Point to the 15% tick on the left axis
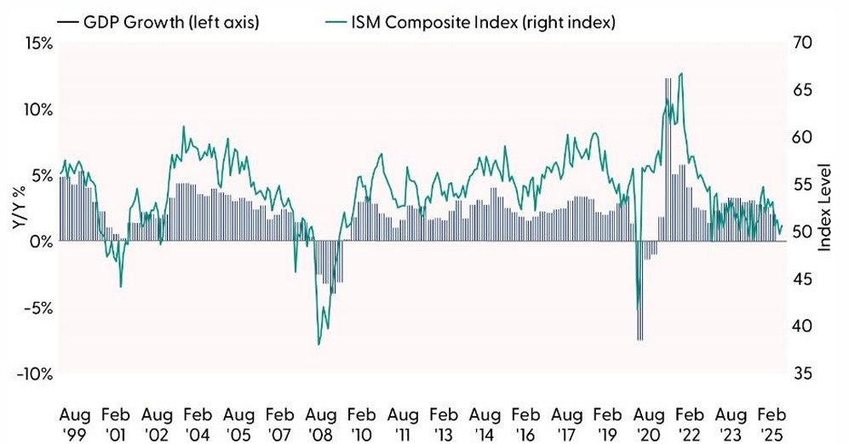(33, 43)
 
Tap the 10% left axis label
(33, 110)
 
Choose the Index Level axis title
(825, 208)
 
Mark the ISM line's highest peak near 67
(680, 74)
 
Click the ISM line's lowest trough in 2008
(318, 344)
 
